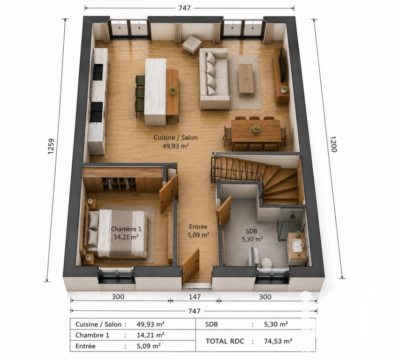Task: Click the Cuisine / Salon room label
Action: [175, 138]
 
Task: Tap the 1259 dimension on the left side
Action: [51, 146]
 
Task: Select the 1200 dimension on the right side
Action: [333, 144]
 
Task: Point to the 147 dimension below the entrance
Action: [195, 297]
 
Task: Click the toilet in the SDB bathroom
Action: [266, 263]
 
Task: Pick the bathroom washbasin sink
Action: [297, 246]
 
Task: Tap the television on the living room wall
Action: [282, 65]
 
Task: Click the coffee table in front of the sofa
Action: [246, 79]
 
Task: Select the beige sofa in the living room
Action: [214, 79]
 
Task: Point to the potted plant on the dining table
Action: [256, 129]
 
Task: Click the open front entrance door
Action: [190, 266]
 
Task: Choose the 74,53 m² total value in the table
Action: [278, 341]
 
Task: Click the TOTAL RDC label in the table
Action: [225, 341]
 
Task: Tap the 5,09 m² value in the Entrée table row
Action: [149, 346]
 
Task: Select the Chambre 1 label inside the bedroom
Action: [126, 229]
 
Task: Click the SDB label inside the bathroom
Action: [251, 231]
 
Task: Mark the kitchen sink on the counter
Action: [98, 72]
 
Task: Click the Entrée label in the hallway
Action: [198, 227]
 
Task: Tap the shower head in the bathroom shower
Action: [293, 216]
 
